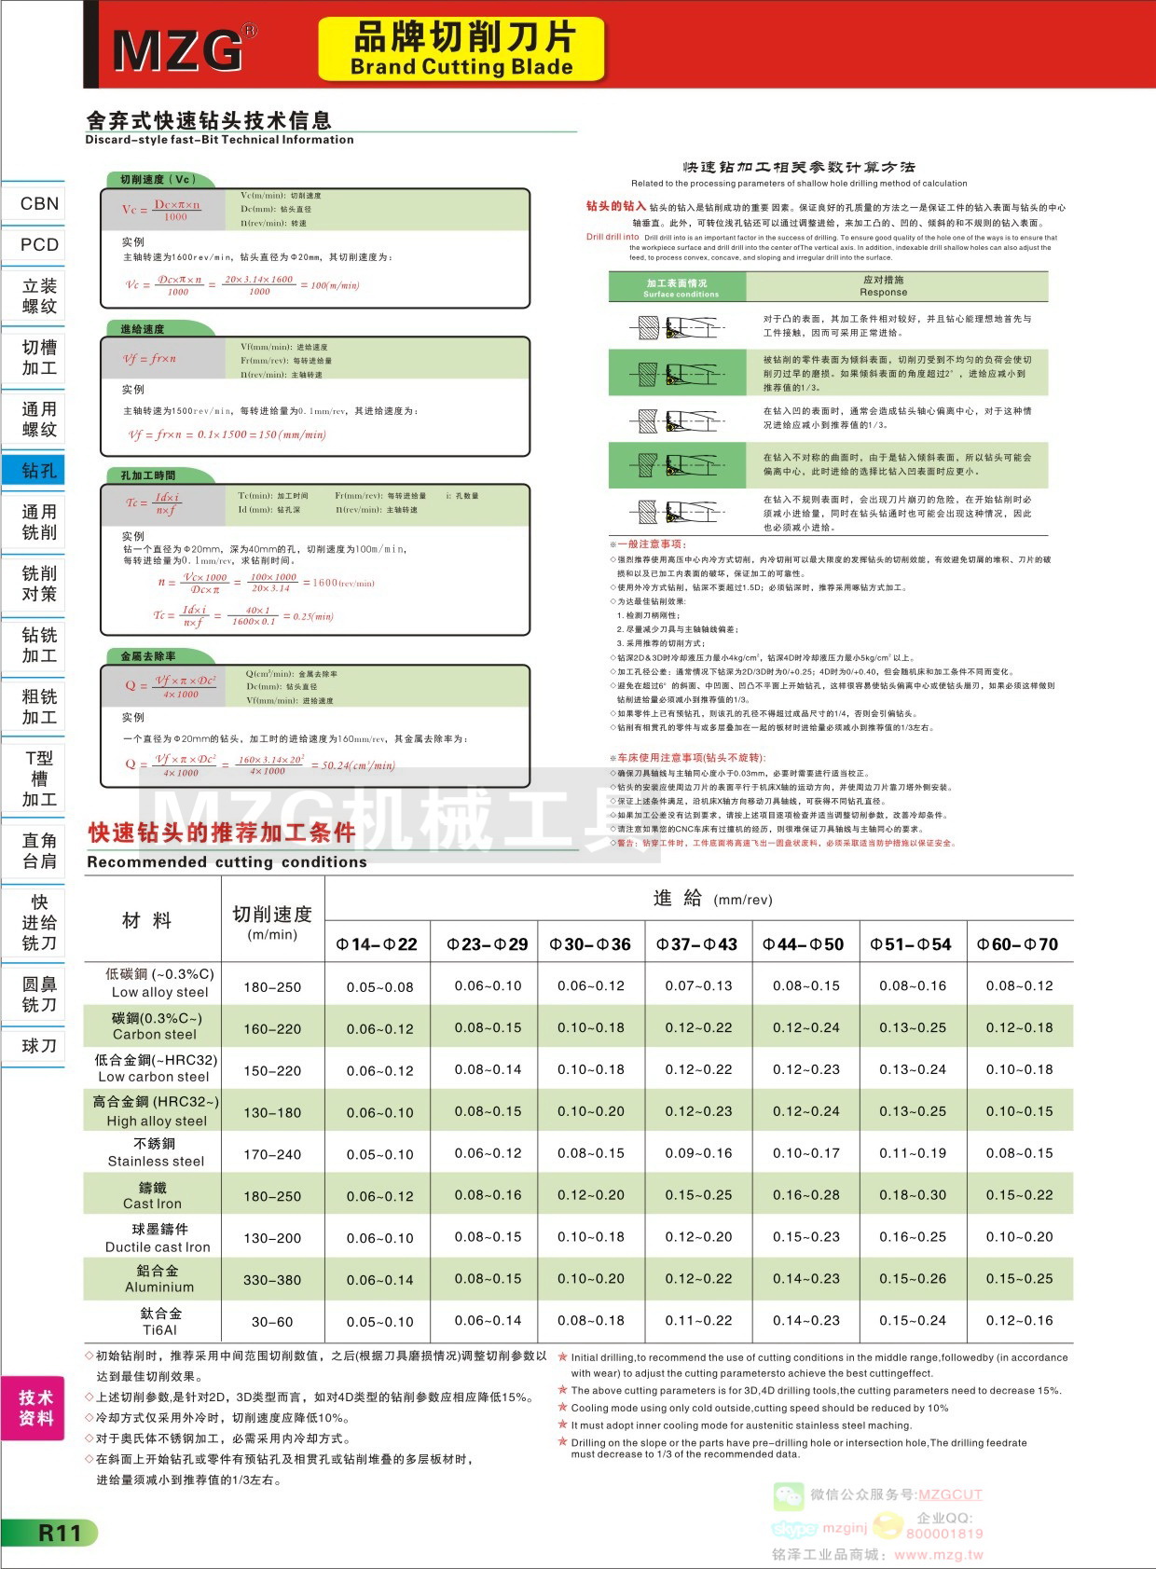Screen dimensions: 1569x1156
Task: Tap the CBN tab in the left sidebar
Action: tap(39, 203)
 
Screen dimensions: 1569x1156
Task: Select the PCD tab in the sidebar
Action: tap(39, 244)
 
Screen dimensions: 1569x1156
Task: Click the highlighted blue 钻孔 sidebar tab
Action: tap(39, 471)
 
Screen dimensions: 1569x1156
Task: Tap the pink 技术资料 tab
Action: tap(35, 1408)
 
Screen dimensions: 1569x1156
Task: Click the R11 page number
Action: tap(58, 1533)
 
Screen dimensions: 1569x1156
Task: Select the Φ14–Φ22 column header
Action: tap(377, 944)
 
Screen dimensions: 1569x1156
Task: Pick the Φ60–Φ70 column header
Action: tap(1017, 944)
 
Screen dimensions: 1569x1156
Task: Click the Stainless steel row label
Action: tap(156, 1153)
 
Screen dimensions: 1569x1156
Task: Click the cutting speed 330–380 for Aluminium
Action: tap(272, 1280)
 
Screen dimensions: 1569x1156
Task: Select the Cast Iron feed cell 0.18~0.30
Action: tap(912, 1195)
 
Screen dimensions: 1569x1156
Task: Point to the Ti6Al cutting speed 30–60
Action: tap(272, 1322)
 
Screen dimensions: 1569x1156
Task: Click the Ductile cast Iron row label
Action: tap(158, 1238)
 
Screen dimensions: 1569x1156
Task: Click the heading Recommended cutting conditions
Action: tap(227, 862)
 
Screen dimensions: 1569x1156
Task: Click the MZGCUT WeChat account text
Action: tap(950, 1494)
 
